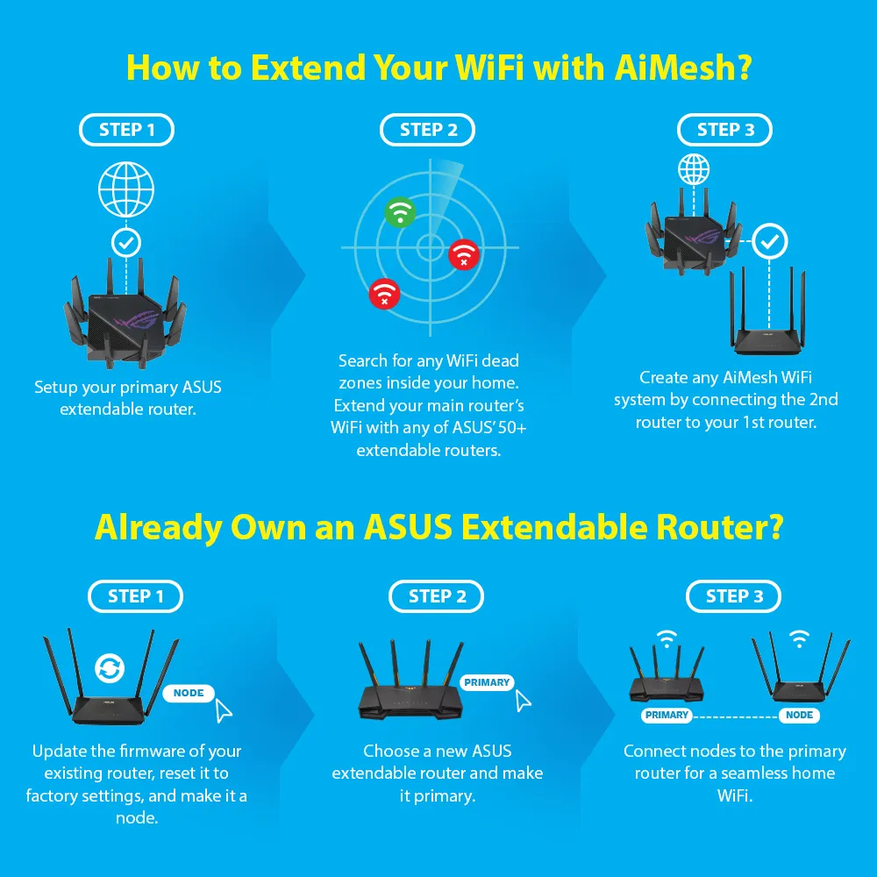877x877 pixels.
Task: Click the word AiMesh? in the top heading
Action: click(683, 68)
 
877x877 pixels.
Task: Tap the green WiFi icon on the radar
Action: click(400, 212)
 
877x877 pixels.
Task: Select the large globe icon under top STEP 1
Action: click(126, 189)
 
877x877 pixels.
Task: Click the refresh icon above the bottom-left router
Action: click(110, 667)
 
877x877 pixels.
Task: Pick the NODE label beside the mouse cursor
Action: click(189, 693)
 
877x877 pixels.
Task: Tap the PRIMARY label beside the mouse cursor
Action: click(487, 682)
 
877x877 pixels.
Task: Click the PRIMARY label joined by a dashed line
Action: click(667, 716)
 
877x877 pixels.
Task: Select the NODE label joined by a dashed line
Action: click(799, 716)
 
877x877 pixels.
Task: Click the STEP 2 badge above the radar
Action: click(428, 130)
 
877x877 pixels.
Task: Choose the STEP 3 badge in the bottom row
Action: click(734, 596)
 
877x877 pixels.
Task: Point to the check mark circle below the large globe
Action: click(126, 243)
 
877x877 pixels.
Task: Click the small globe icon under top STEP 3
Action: click(694, 169)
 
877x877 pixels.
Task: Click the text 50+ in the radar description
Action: click(512, 428)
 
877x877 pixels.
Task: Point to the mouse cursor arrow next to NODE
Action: click(224, 711)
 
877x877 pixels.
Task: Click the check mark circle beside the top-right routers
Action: click(770, 242)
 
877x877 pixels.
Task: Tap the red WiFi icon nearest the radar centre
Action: click(464, 254)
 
